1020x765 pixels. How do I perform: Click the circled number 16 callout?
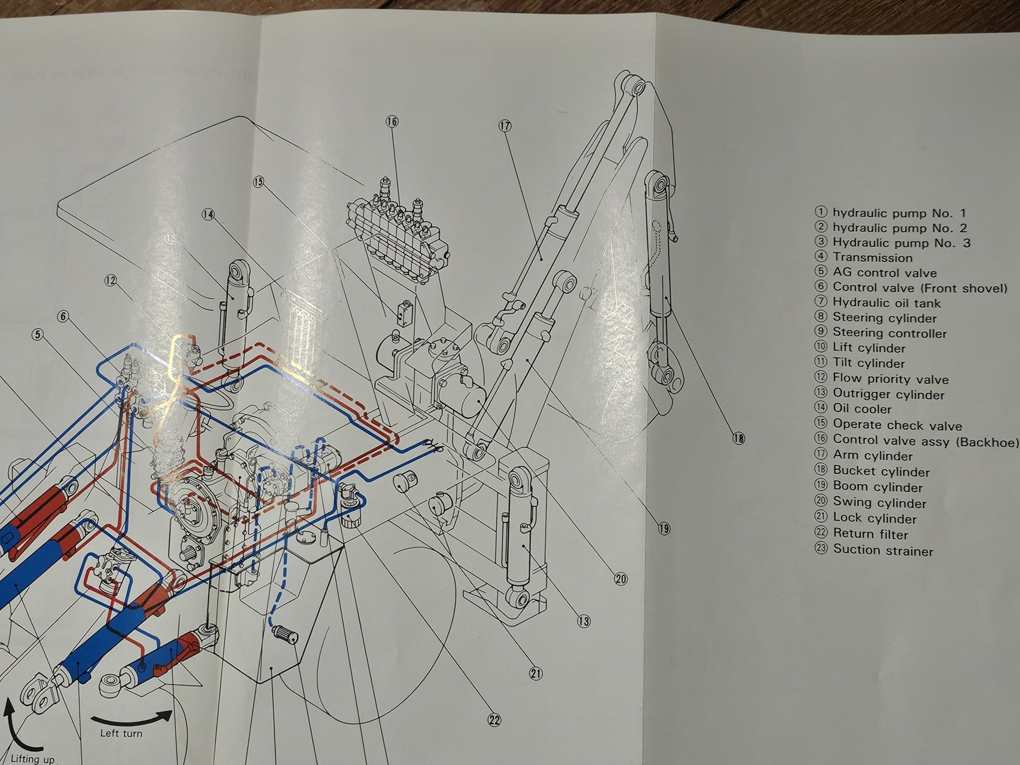tap(392, 121)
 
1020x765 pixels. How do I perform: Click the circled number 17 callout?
tap(505, 126)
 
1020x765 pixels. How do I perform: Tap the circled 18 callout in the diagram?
tap(739, 438)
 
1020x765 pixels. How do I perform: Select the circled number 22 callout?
tap(494, 720)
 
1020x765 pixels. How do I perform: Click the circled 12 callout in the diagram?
tap(111, 281)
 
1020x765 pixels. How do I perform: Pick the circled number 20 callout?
tap(621, 579)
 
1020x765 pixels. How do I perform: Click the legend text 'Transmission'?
tap(873, 258)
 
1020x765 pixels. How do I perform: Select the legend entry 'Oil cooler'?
tap(862, 409)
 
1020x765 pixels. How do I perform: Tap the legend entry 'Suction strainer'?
tap(883, 550)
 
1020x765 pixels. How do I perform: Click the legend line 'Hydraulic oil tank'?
tap(887, 303)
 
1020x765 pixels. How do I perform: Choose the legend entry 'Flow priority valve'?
tap(891, 379)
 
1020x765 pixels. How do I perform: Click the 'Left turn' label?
tap(121, 733)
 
